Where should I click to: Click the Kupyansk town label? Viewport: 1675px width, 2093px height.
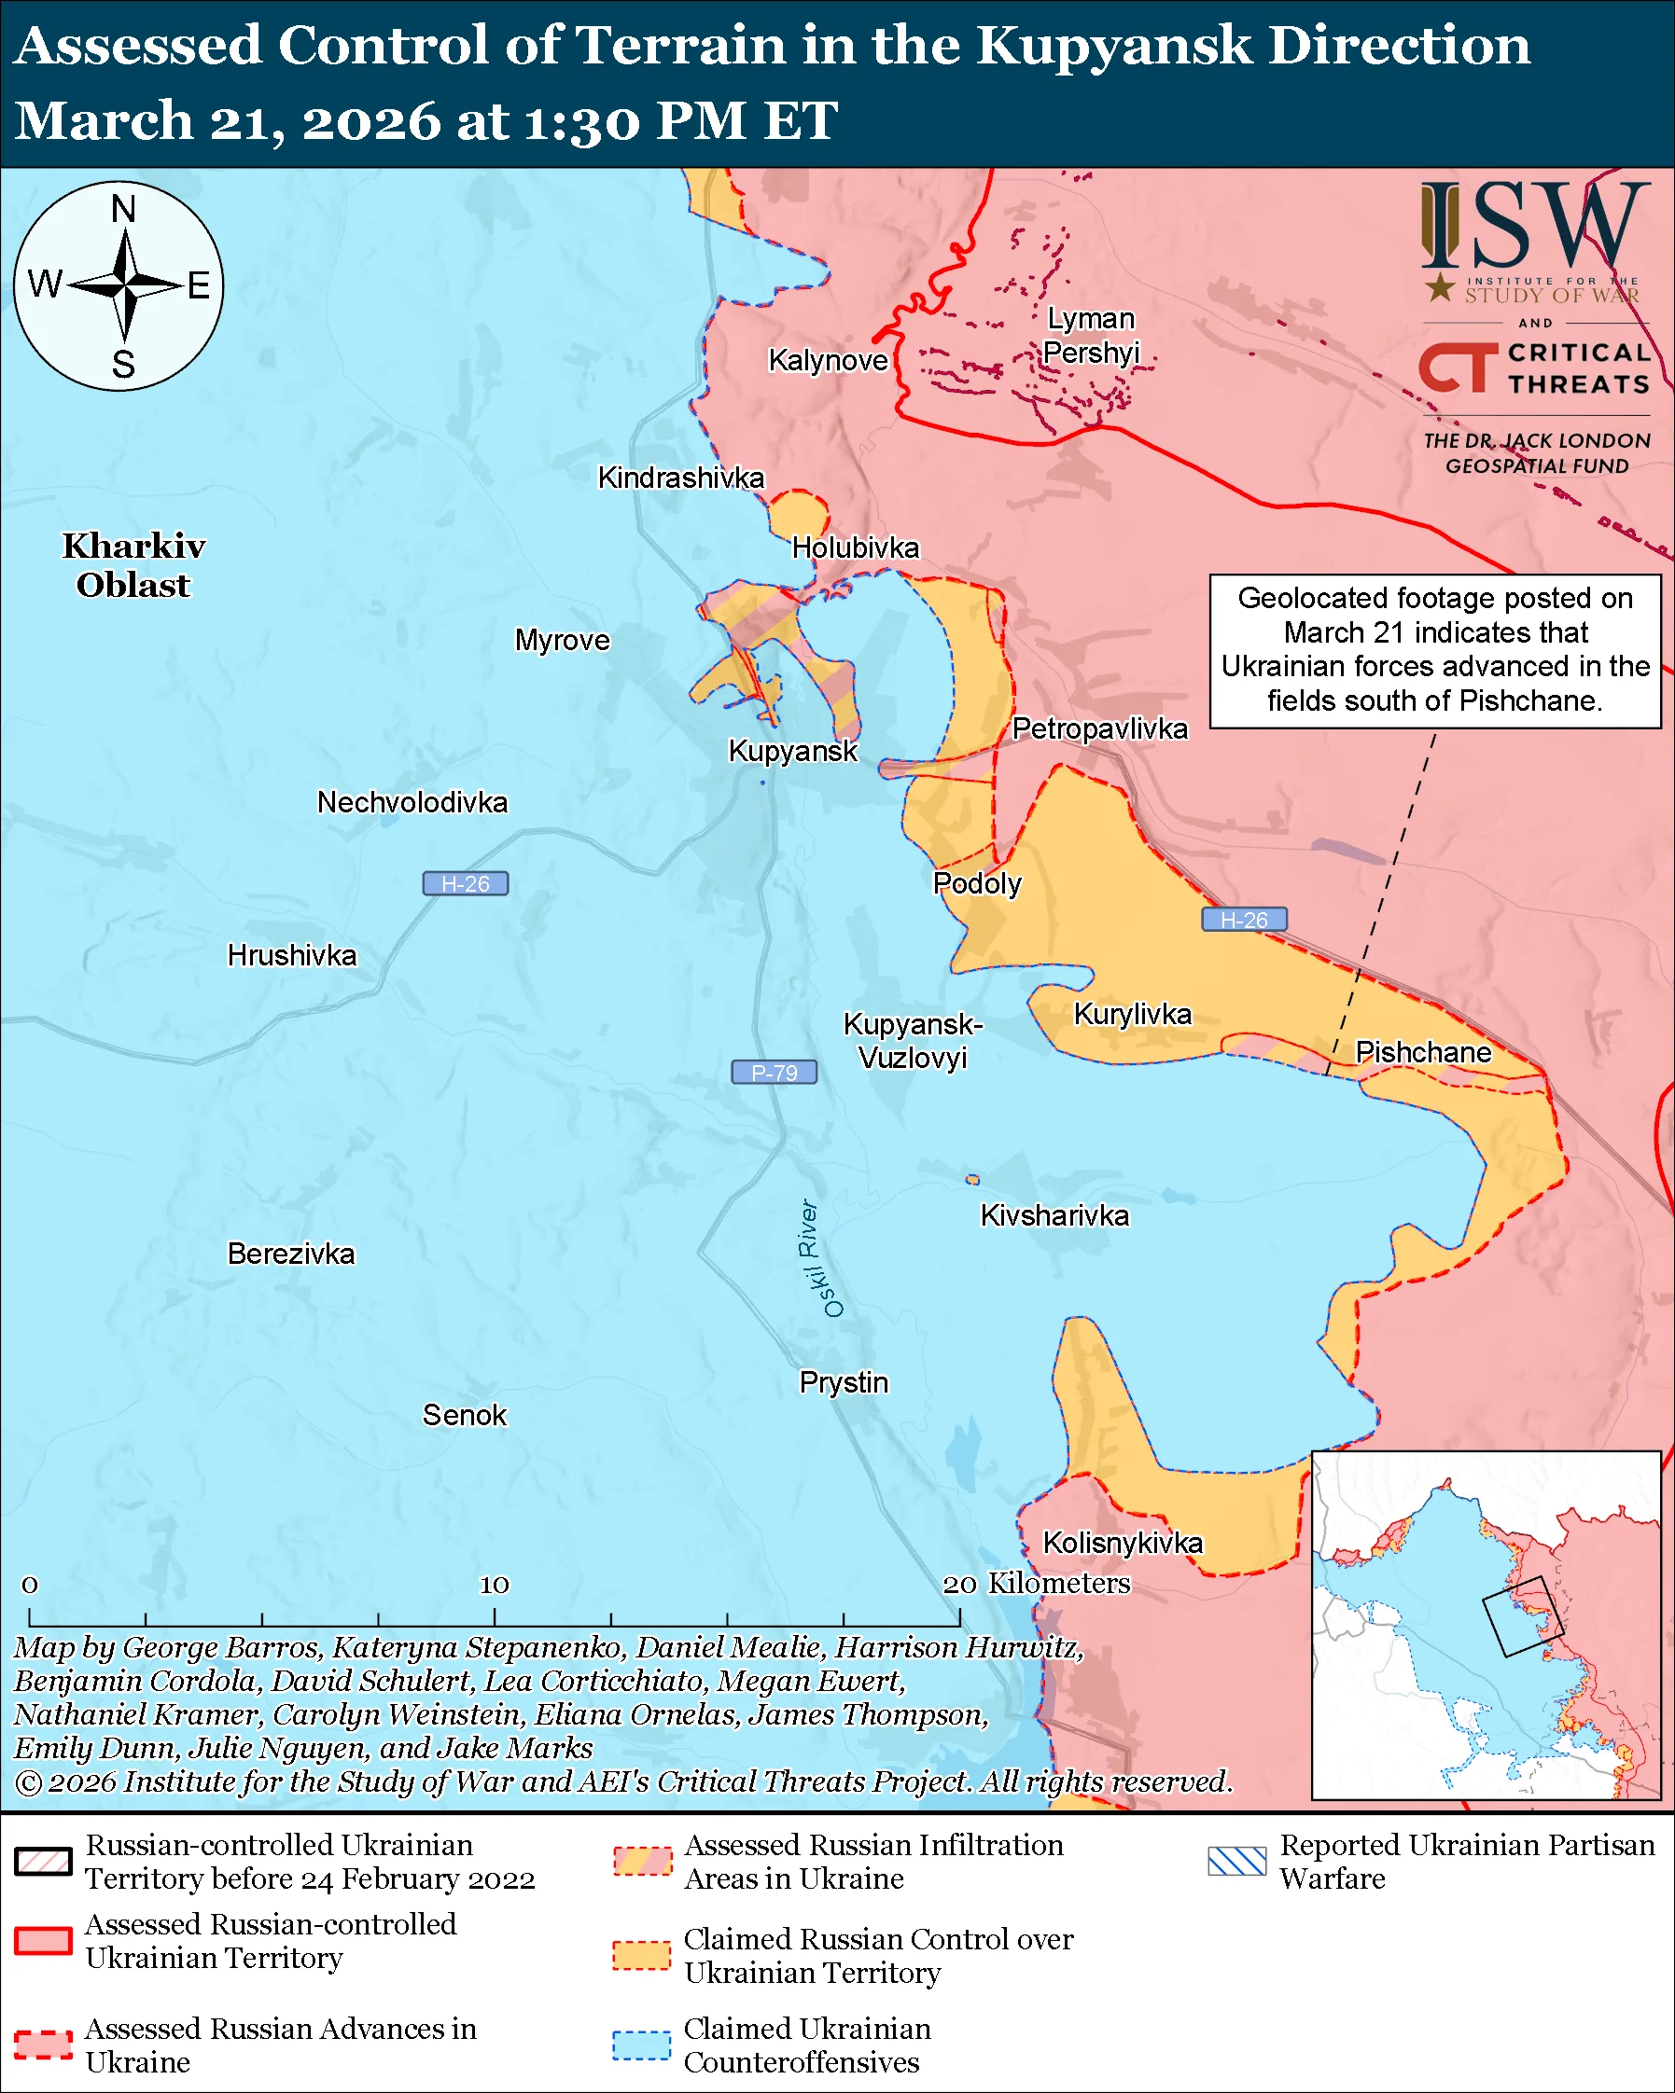(792, 751)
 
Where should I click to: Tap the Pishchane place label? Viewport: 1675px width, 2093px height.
(1422, 1052)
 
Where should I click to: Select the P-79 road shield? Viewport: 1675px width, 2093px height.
(774, 1072)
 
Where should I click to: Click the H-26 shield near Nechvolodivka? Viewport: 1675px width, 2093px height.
(465, 883)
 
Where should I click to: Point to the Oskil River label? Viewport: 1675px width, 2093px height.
(819, 1258)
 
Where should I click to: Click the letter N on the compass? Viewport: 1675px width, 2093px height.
(123, 209)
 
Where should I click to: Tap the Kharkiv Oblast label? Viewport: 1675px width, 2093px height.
(133, 565)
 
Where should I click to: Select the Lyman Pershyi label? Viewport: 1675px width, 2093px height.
(1091, 335)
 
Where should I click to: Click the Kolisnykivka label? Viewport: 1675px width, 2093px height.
(1123, 1543)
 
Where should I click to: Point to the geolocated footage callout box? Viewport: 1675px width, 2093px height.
(1434, 650)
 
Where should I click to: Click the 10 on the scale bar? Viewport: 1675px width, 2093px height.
(495, 1586)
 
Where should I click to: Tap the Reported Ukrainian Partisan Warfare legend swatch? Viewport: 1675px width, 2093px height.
(1237, 1862)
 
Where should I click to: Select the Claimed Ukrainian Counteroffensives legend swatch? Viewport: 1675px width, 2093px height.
(641, 2045)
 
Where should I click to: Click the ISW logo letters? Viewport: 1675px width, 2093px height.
(1534, 227)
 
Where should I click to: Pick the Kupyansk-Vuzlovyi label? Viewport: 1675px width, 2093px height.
(913, 1041)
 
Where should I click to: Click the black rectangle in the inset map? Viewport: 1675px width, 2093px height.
(1522, 1616)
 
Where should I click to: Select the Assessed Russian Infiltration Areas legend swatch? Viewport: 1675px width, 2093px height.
(641, 1862)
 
